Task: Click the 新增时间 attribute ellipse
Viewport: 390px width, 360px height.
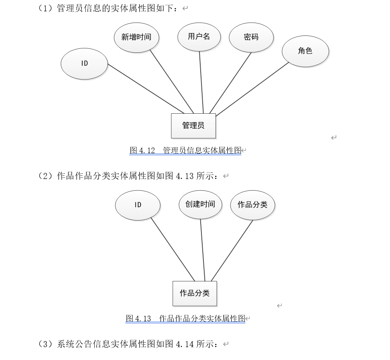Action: [x=136, y=37]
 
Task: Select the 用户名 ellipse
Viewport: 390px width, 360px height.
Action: [x=199, y=37]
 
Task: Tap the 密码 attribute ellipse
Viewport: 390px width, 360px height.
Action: [x=251, y=37]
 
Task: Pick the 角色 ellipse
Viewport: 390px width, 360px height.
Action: [x=305, y=51]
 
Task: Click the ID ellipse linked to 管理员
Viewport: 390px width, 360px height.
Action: [x=84, y=64]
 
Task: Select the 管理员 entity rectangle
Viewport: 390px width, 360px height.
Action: [x=193, y=126]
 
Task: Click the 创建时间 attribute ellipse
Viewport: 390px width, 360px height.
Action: [x=200, y=204]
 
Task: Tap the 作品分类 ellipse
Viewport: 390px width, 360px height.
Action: [x=252, y=205]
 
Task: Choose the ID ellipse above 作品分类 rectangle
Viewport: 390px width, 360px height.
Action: [x=138, y=205]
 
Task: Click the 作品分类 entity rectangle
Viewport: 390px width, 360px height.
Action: [x=195, y=293]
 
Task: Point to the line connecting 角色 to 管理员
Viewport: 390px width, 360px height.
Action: [x=252, y=89]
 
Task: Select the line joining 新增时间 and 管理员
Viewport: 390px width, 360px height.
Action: [x=172, y=81]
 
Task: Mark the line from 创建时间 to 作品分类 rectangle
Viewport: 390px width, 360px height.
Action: [x=203, y=250]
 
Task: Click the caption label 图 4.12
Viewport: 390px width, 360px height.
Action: [x=143, y=151]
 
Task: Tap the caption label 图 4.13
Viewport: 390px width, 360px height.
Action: [x=139, y=318]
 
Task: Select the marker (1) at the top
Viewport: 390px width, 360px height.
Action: [x=46, y=8]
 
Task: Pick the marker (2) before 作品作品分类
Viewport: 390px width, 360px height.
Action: [x=46, y=176]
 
